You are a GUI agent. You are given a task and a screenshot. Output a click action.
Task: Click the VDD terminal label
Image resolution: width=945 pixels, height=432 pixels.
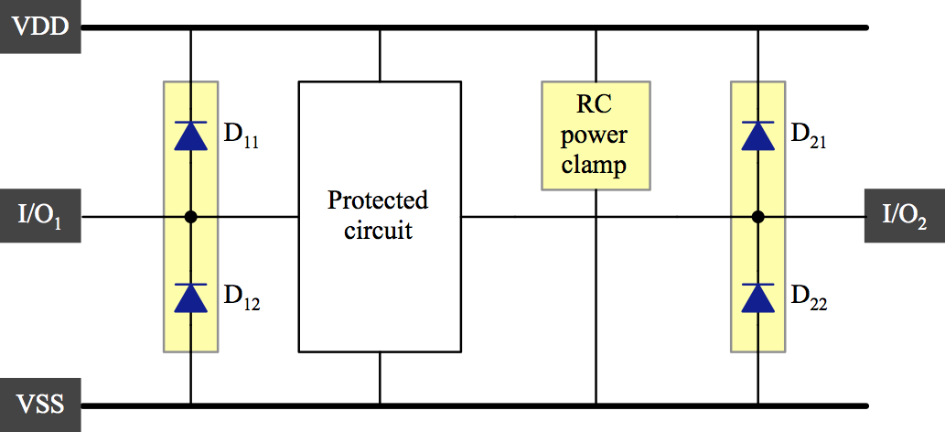40,27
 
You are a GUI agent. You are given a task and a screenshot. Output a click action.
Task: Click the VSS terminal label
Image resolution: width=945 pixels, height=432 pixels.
40,404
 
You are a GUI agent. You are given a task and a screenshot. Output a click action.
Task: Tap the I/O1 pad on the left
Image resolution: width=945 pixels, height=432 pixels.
40,218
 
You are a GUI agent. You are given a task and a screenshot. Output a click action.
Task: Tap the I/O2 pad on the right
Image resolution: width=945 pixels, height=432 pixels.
904,217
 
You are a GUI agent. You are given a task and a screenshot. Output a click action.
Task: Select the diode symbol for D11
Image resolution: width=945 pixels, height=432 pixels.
190,135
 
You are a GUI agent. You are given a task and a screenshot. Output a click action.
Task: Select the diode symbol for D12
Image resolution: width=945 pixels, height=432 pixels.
190,297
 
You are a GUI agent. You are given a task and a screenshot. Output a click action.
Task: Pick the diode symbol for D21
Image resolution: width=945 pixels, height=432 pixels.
757,135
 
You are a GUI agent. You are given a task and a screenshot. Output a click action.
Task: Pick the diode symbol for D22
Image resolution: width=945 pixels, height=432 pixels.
757,297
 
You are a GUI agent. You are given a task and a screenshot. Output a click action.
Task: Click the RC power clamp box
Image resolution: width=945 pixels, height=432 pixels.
596,135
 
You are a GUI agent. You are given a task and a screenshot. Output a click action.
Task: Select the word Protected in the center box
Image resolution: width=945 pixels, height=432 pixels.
378,200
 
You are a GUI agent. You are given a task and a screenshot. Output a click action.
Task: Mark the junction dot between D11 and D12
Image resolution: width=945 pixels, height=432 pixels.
190,217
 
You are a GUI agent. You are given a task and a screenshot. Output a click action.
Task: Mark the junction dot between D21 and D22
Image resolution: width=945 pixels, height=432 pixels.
757,217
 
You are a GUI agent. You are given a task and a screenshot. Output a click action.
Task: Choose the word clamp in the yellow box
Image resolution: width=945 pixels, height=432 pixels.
595,167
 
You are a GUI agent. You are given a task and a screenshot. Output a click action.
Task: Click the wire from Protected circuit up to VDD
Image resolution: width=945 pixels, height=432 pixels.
379,55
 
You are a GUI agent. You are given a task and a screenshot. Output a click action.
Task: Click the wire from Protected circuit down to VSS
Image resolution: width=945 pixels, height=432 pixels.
379,378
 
